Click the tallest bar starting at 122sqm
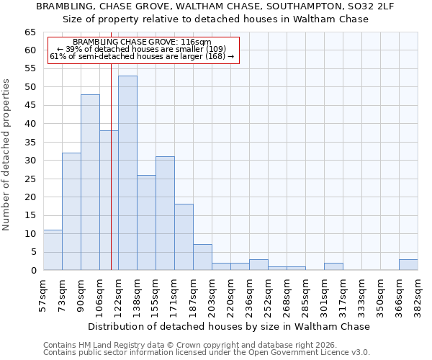[127, 173]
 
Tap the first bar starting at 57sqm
[53, 250]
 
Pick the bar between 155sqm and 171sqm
[165, 213]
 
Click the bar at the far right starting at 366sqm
[408, 264]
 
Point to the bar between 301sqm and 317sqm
[333, 266]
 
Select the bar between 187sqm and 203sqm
[202, 257]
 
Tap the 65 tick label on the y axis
[30, 32]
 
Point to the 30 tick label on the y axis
[30, 161]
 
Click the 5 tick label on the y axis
[32, 252]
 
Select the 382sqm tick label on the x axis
[418, 294]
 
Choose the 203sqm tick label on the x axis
[212, 294]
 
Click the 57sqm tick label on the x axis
[43, 294]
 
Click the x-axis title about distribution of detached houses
[228, 326]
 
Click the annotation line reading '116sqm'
[142, 42]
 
